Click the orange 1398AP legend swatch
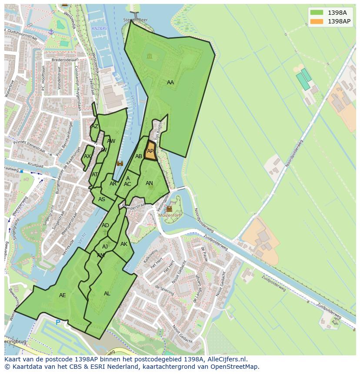317,21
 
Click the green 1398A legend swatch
317,13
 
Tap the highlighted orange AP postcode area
150,152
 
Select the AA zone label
170,83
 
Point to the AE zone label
63,295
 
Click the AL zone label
107,294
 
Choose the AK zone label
124,244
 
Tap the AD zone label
105,225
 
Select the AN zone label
149,183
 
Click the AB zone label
139,156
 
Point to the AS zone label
102,199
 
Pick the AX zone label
87,156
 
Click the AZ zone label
95,126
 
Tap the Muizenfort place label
170,215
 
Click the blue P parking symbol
58,323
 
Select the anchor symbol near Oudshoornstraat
51,32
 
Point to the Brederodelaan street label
64,60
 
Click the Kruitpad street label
35,165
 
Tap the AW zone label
111,141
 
